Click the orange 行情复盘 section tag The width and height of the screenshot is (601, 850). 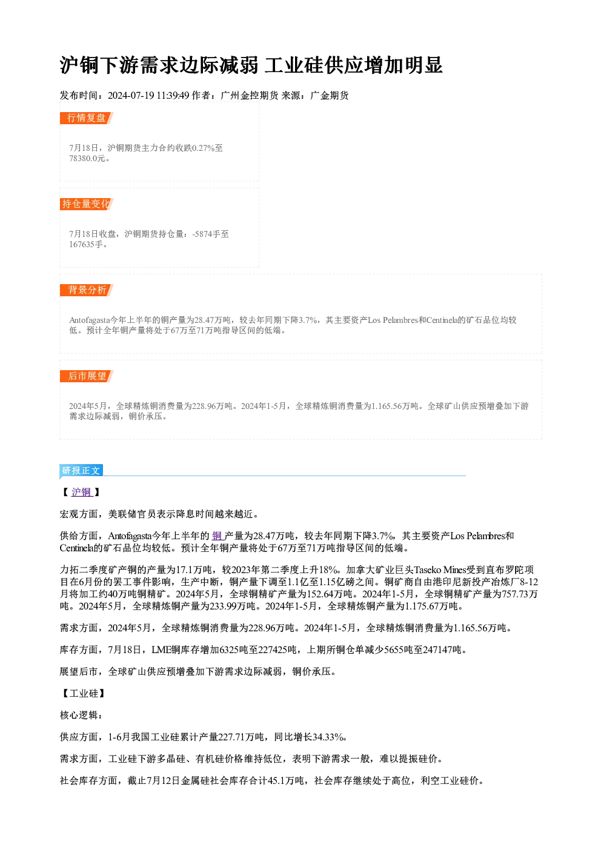[x=86, y=118]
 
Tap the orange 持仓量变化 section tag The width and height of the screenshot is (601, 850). [x=86, y=204]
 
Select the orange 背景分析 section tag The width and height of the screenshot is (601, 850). [x=86, y=290]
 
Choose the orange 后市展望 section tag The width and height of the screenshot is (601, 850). [x=86, y=376]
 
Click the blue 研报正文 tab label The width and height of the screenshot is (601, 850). [x=81, y=471]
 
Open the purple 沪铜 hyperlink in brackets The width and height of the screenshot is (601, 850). [x=82, y=492]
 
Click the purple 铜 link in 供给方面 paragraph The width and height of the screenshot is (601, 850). [x=217, y=536]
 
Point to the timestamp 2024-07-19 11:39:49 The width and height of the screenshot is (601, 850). [x=148, y=95]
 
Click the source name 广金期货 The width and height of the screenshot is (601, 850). [x=330, y=95]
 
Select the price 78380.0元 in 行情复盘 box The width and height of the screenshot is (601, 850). [x=87, y=158]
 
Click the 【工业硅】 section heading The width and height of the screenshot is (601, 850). [x=82, y=693]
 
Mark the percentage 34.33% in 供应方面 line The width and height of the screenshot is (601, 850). [x=328, y=737]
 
